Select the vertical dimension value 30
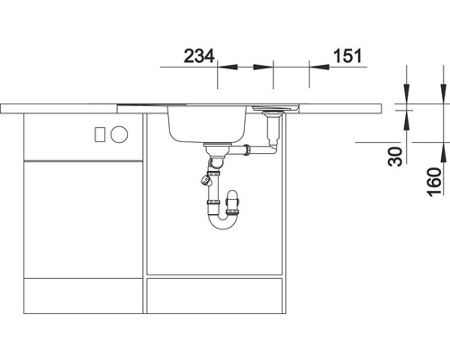point(393,157)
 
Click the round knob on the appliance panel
point(120,134)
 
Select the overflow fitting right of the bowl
point(271,113)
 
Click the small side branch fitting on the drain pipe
point(208,180)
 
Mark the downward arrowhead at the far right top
point(441,100)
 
